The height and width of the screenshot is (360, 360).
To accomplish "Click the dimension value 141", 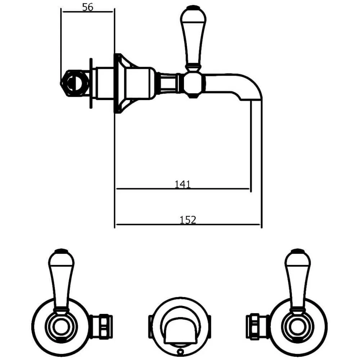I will [x=182, y=184].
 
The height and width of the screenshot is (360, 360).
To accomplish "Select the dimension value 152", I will [x=188, y=220].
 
